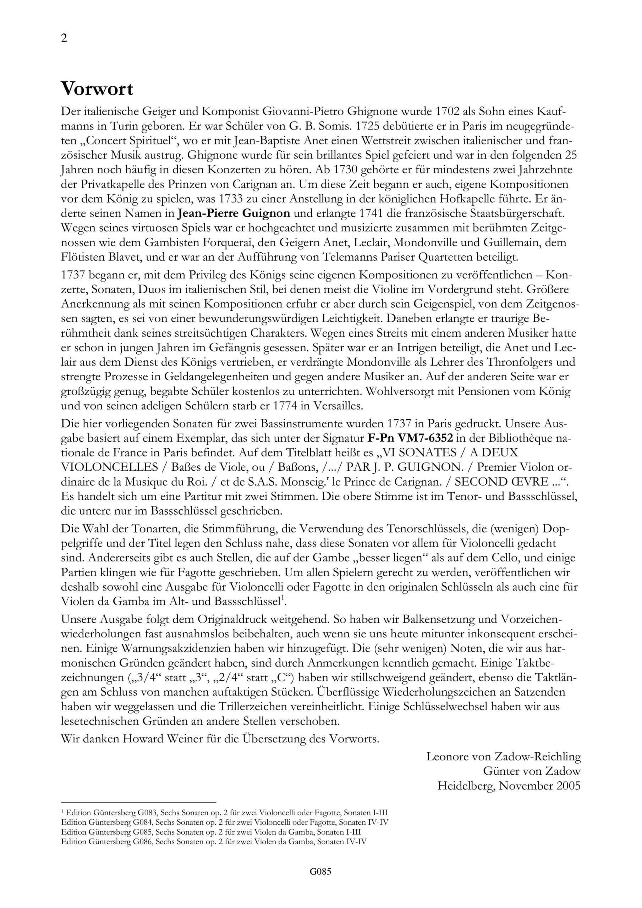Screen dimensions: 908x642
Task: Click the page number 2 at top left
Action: pyautogui.click(x=64, y=39)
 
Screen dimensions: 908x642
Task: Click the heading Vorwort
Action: pyautogui.click(x=97, y=89)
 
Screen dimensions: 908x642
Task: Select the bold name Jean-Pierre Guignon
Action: pyautogui.click(x=234, y=214)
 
